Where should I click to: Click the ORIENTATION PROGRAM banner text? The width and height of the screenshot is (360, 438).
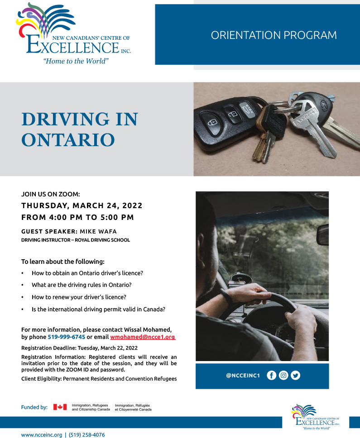(x=274, y=35)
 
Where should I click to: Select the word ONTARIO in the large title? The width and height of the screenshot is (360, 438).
(x=68, y=140)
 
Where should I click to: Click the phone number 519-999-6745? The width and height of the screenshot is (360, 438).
(x=66, y=337)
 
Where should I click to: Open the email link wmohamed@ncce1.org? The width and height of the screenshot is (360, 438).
(x=142, y=337)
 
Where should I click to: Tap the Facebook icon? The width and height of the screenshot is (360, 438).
(x=271, y=375)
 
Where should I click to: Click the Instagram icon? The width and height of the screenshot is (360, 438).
(x=283, y=375)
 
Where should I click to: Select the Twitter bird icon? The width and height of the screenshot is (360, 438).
(x=296, y=375)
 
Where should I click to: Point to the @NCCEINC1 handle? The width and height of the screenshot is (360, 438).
(x=243, y=376)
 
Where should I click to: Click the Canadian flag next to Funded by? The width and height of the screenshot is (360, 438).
(x=60, y=407)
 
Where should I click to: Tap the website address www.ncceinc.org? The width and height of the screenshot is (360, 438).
(x=42, y=435)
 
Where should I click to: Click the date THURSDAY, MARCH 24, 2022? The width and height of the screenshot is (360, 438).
(x=82, y=205)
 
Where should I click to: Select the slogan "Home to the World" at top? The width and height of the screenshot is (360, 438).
(x=76, y=61)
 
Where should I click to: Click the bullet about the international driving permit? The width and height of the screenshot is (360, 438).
(x=98, y=309)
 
